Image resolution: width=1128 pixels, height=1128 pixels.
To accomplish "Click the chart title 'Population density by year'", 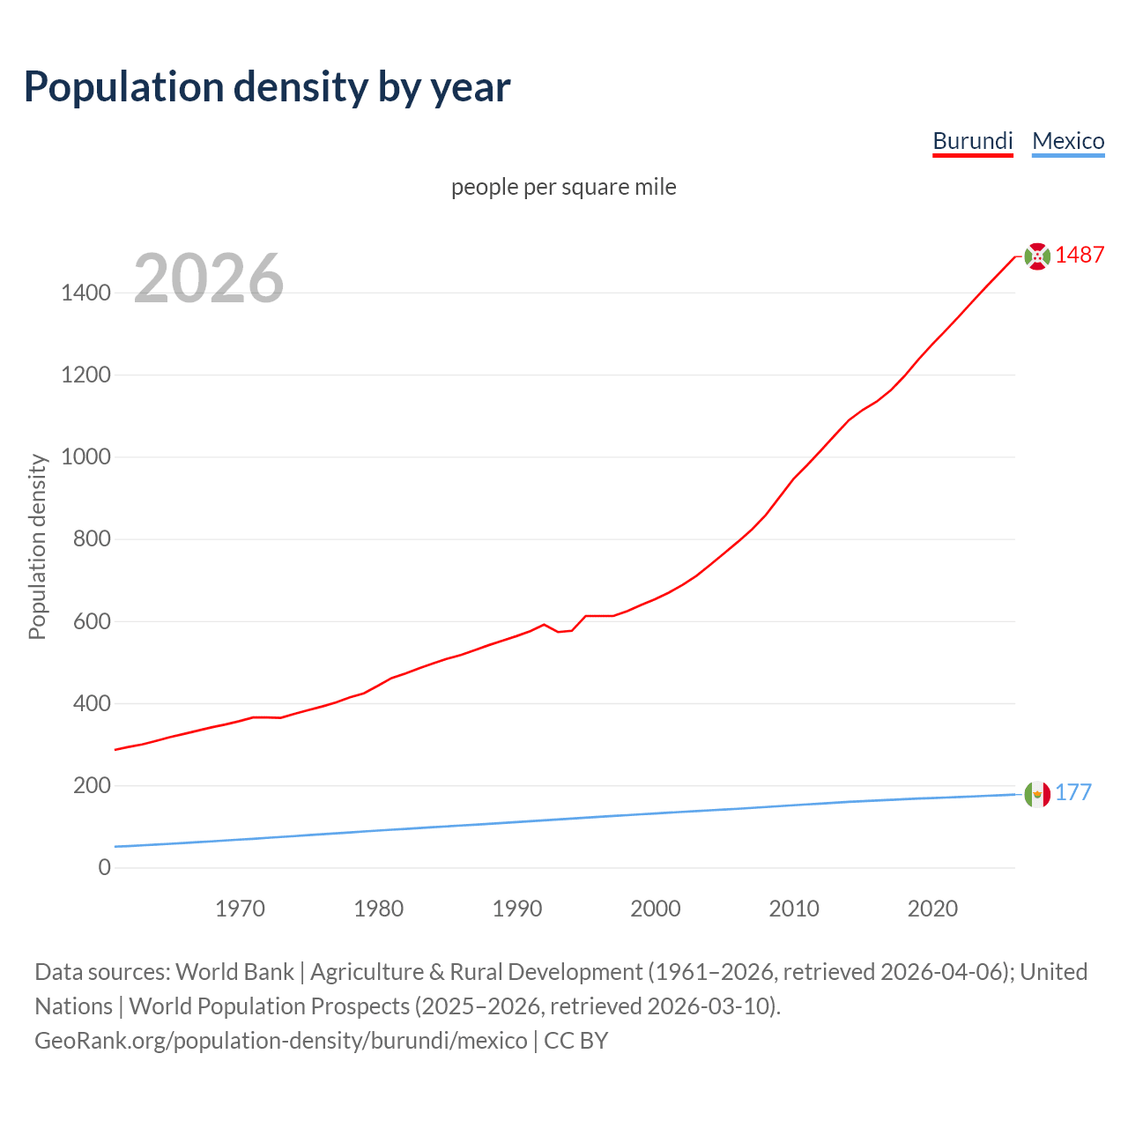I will [x=267, y=86].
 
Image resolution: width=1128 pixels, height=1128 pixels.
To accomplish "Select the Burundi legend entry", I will [x=973, y=141].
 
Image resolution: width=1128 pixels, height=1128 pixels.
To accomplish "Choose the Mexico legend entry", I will [x=1068, y=141].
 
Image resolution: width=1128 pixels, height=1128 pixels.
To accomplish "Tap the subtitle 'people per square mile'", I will [x=564, y=187].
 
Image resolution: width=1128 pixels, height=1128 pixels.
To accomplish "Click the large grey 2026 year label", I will [x=209, y=278].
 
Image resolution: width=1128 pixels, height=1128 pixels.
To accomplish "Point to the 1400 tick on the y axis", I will [x=86, y=293].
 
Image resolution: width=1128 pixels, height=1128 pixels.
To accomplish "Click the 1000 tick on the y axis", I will [x=86, y=456].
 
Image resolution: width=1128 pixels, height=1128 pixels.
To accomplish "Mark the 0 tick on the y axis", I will [x=105, y=867].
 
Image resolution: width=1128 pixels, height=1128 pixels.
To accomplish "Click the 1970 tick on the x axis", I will [x=241, y=909].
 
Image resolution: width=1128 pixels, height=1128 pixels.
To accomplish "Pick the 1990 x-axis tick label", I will [x=517, y=909].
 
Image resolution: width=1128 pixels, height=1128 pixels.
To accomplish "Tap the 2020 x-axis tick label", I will [x=932, y=909].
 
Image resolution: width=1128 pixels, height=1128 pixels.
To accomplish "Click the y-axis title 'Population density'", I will [x=37, y=546].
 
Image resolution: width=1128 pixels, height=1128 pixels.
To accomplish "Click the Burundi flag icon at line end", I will [x=1037, y=256].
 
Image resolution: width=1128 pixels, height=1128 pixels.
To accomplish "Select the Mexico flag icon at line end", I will [x=1037, y=794].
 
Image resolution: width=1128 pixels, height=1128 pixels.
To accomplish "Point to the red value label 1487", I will [x=1080, y=255].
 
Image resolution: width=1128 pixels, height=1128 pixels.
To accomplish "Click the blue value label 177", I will [x=1073, y=792].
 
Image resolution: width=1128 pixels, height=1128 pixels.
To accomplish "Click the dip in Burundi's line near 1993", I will [x=559, y=631].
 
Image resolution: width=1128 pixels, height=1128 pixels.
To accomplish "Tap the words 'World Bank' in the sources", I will [x=234, y=972].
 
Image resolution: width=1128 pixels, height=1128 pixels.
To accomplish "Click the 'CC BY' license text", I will [x=575, y=1041].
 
